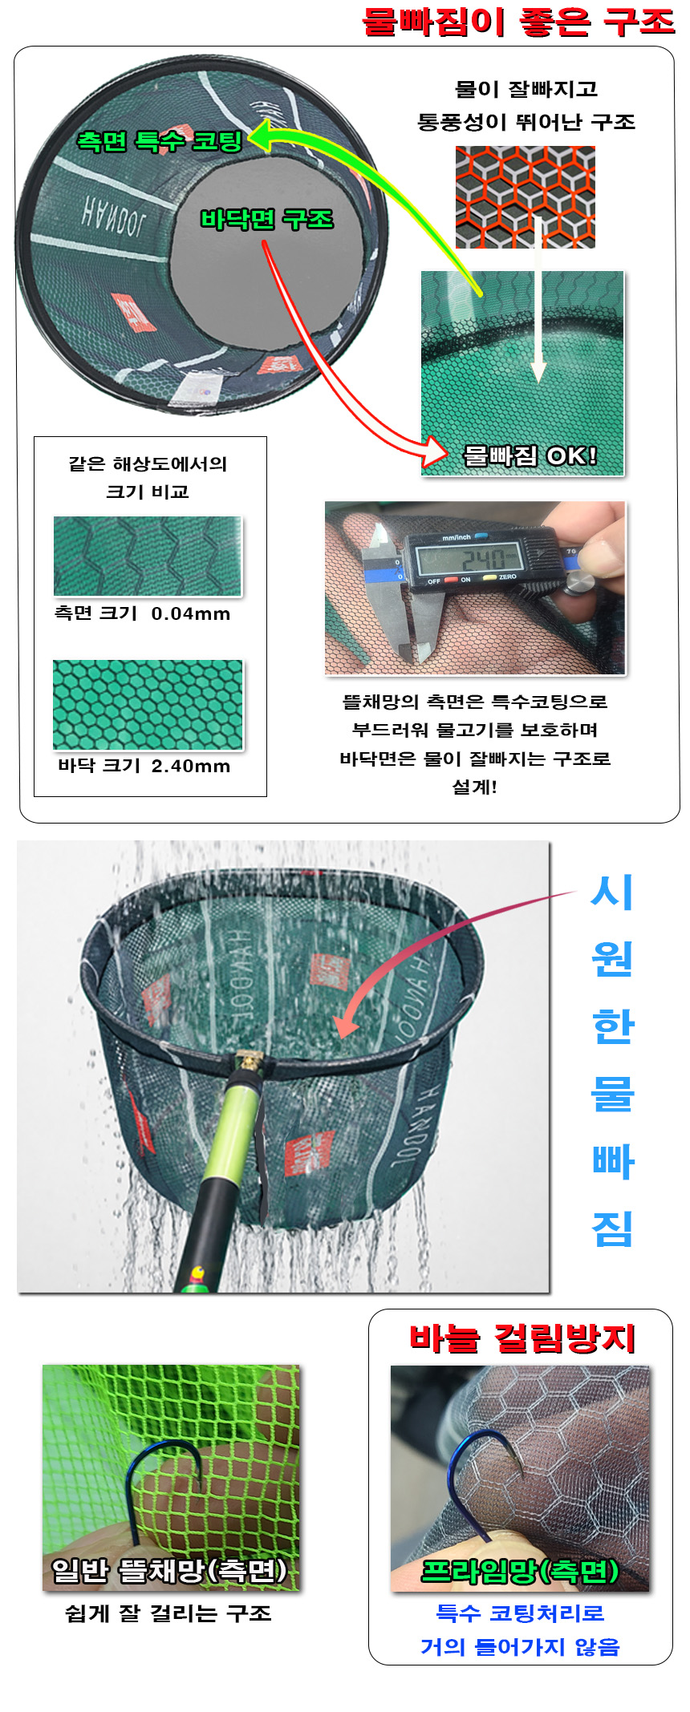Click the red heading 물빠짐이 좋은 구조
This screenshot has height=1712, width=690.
pos(518,22)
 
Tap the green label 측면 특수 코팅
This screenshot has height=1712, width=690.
pos(160,141)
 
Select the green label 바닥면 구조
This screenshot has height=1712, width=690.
pos(266,219)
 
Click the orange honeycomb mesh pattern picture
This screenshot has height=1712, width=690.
pos(526,196)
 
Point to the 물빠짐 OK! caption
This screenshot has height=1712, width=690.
pos(530,455)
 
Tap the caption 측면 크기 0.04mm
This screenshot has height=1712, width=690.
pos(142,613)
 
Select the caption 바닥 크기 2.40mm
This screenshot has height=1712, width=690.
pos(144,766)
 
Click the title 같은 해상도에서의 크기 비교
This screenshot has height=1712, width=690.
pos(148,477)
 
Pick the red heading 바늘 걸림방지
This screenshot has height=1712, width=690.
pos(522,1338)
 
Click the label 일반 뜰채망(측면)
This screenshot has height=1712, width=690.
pos(169,1570)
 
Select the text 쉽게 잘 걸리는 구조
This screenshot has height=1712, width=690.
pos(168,1613)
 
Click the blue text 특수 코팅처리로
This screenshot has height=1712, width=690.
pos(520,1613)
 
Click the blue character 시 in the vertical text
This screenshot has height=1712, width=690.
pos(612,892)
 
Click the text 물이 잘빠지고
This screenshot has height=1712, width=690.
pos(526,88)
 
